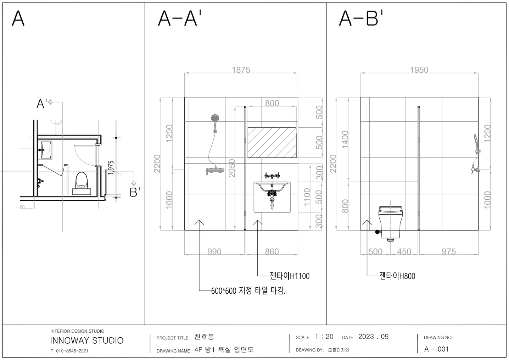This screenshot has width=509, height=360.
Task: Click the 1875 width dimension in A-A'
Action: [x=241, y=70]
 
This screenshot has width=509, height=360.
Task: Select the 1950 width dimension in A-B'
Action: [x=419, y=70]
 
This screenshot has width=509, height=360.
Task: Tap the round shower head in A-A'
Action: [x=215, y=118]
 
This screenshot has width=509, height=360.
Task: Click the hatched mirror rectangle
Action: [x=272, y=143]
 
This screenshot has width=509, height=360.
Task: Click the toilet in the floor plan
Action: [x=82, y=180]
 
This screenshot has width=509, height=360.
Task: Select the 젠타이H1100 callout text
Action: [x=290, y=276]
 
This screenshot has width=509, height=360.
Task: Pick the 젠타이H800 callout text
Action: [x=397, y=276]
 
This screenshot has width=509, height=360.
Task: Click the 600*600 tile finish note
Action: [x=248, y=291]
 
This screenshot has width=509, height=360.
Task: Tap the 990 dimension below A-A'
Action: [x=214, y=251]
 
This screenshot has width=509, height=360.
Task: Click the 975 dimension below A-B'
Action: [x=448, y=251]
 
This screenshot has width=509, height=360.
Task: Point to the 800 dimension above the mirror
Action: [x=272, y=103]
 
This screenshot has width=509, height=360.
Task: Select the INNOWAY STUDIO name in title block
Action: [x=87, y=340]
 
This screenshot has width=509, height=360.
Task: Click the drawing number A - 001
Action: [x=436, y=349]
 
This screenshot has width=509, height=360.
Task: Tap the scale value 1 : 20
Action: [x=324, y=337]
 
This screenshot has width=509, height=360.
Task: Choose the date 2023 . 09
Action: [x=373, y=337]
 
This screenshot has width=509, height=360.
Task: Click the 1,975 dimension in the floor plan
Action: [x=111, y=168]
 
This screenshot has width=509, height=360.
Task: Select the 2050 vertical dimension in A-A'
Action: [x=232, y=168]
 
